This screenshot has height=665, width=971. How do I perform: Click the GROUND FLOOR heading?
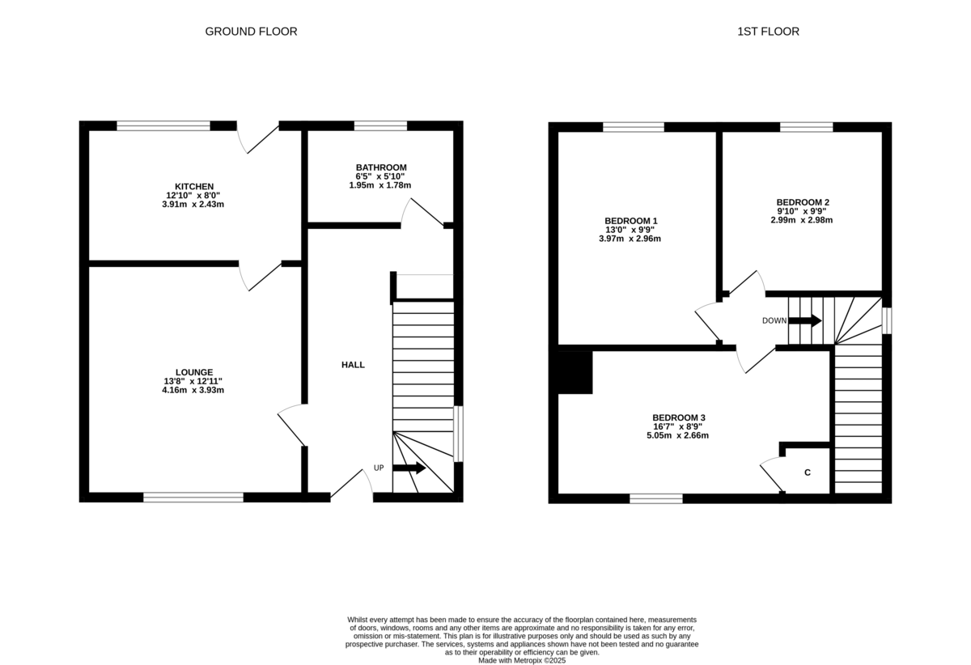click(251, 32)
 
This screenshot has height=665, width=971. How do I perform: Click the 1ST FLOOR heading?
click(768, 32)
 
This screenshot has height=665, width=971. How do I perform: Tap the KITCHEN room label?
click(194, 187)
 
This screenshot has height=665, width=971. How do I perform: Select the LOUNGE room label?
click(194, 372)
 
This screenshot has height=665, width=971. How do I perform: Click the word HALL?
click(353, 365)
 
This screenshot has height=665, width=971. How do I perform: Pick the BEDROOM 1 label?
click(630, 221)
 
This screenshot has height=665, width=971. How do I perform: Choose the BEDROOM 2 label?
click(802, 202)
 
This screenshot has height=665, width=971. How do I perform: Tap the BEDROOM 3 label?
click(672, 417)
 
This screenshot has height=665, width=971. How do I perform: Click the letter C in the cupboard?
click(808, 472)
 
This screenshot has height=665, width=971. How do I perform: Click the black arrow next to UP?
click(409, 468)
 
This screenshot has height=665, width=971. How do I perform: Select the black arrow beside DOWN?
click(805, 320)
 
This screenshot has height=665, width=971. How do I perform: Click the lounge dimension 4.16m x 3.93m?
click(194, 390)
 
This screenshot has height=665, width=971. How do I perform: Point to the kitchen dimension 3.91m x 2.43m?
click(194, 205)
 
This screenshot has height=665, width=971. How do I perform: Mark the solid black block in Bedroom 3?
click(575, 372)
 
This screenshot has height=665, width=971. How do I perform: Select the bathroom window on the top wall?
click(380, 125)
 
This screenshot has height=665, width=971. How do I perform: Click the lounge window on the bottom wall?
click(193, 498)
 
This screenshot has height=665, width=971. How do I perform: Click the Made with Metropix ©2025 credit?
click(522, 660)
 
